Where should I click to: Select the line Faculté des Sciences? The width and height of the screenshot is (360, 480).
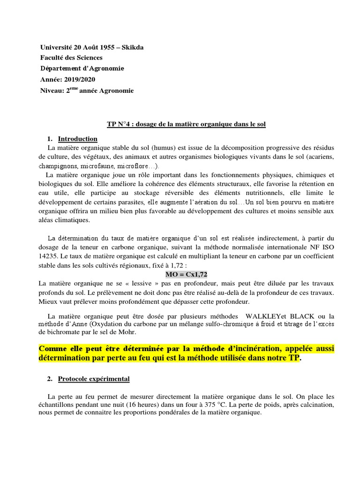click(71, 58)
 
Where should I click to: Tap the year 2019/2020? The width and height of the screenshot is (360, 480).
click(79, 79)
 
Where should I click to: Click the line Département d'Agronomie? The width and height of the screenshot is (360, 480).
click(82, 68)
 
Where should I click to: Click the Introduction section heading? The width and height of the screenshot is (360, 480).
click(77, 139)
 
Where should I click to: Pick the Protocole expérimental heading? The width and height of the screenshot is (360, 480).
click(94, 378)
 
